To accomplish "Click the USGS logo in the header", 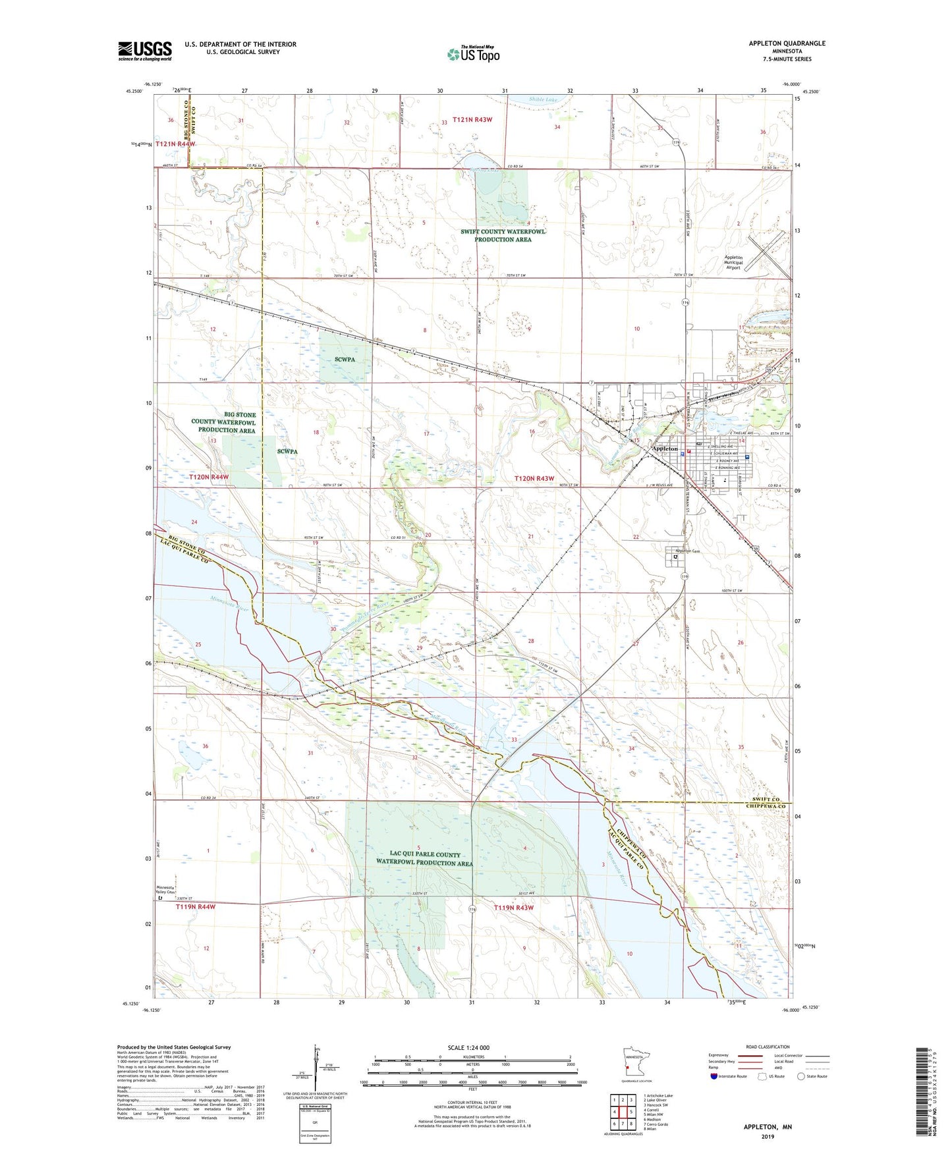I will point(145,51).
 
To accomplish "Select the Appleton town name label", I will point(664,449).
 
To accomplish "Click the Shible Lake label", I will point(544,99).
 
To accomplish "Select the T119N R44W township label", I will point(196,907).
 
